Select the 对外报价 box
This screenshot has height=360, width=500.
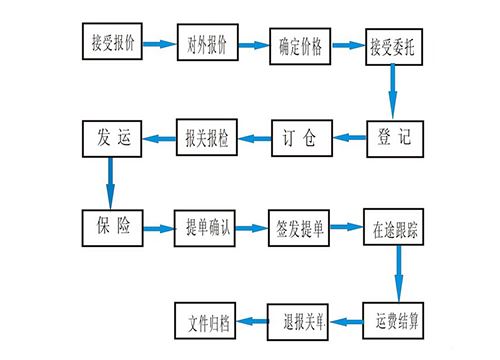(208, 45)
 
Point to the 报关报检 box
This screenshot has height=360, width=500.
(209, 139)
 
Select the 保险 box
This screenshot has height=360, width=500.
(113, 226)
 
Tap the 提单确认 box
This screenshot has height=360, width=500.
(209, 226)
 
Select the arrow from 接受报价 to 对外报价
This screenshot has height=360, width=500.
(159, 44)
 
